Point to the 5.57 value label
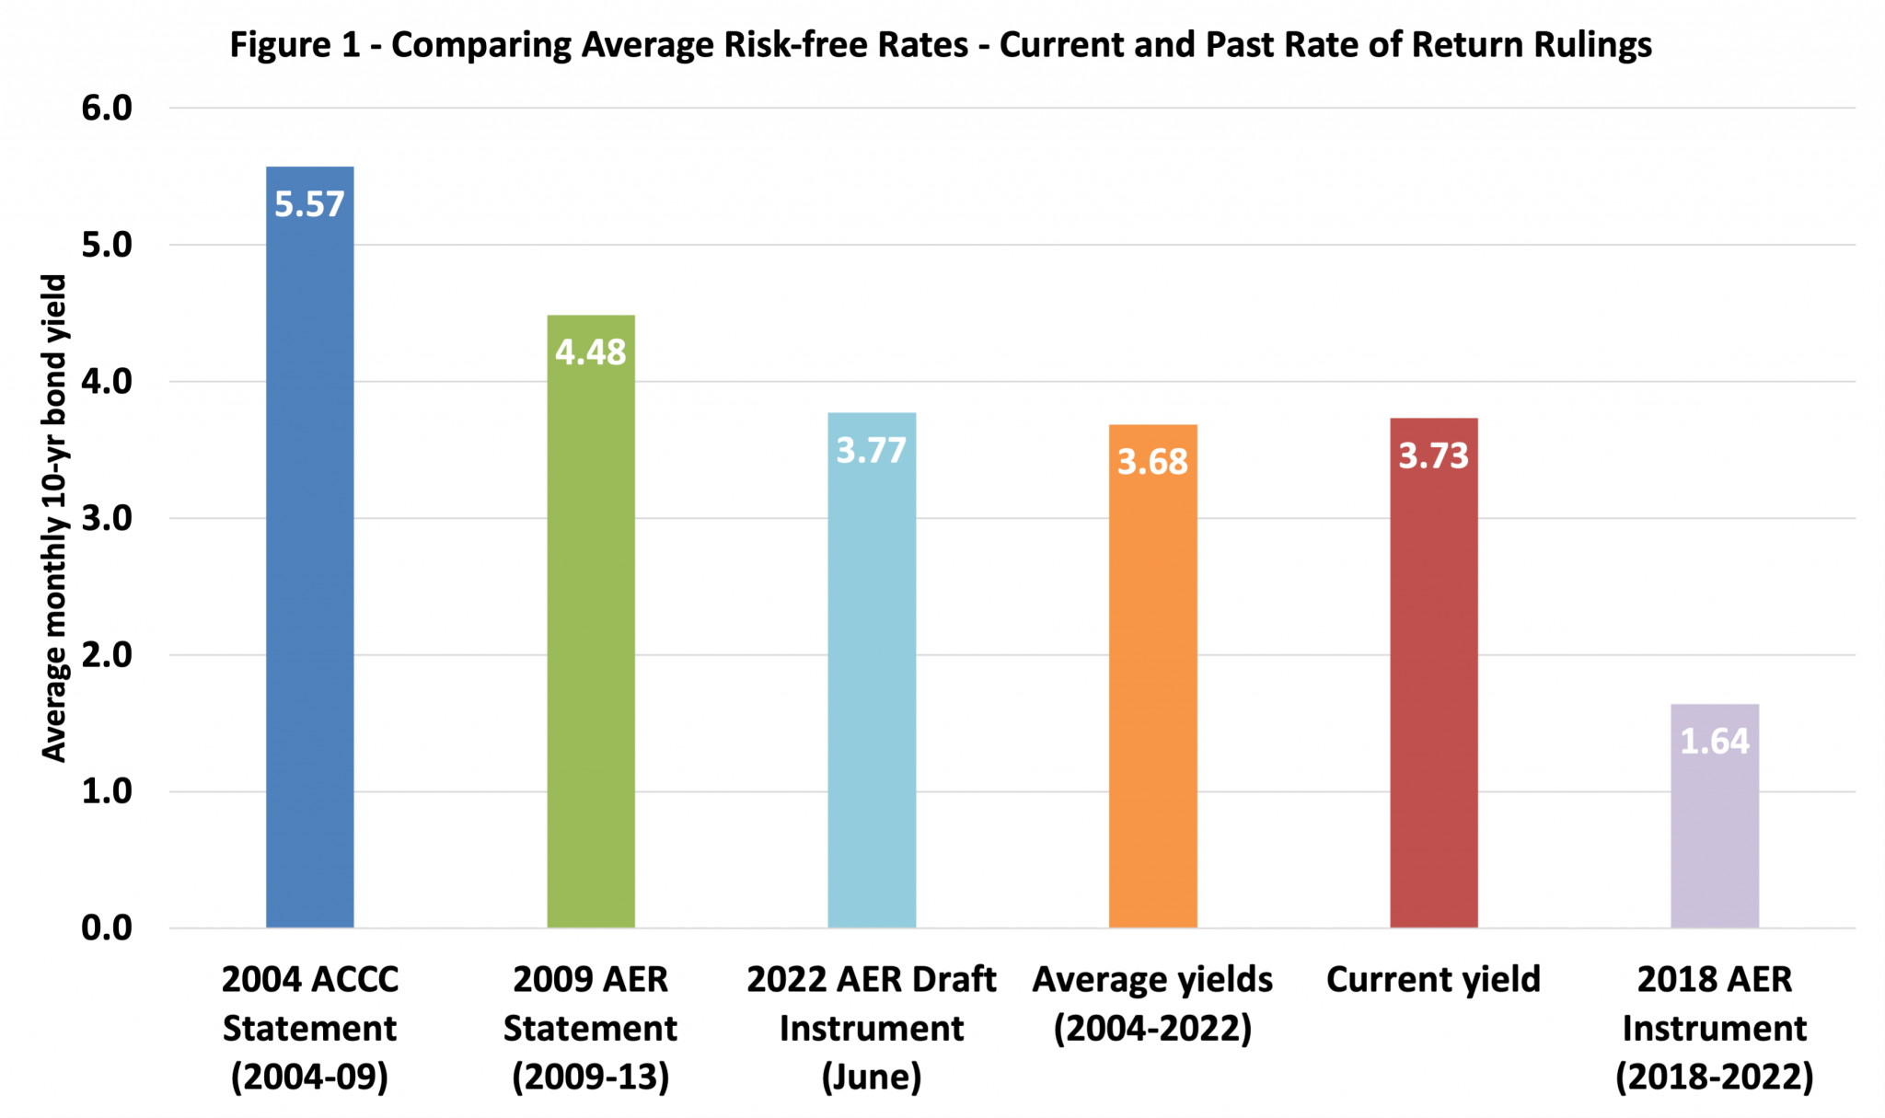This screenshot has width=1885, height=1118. [309, 204]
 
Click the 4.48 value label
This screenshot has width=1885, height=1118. [591, 352]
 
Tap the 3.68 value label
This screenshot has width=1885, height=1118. [1152, 462]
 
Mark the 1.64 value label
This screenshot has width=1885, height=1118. [1714, 742]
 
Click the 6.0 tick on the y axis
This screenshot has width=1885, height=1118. [107, 109]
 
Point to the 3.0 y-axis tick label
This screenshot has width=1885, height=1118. [107, 518]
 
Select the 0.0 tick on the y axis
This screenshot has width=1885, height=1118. [107, 928]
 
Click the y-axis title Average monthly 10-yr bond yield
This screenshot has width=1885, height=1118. [55, 518]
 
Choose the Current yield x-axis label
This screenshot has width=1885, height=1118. [1433, 980]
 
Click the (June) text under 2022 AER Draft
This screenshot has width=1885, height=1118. [872, 1077]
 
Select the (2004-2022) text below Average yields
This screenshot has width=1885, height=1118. [1152, 1029]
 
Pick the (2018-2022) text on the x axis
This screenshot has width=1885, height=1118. [1714, 1077]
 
